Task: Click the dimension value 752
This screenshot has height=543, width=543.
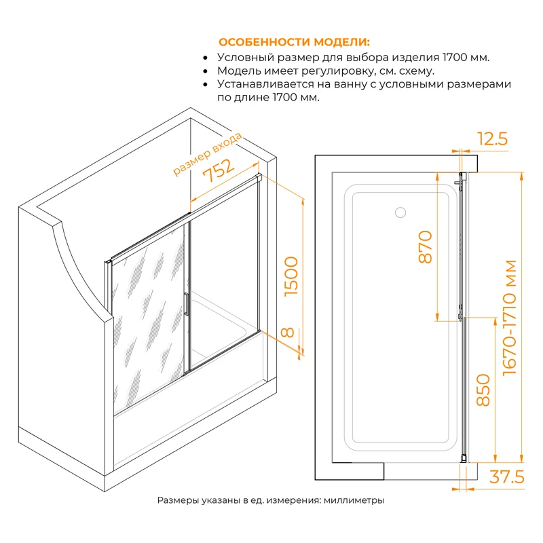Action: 219,170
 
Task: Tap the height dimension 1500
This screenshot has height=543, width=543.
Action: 291,276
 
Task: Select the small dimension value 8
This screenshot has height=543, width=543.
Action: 288,333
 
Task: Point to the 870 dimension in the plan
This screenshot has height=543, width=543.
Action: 426,247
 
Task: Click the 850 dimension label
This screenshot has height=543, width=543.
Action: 483,390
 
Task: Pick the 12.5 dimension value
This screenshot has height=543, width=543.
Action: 493,138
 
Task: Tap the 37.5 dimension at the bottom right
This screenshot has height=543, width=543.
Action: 506,477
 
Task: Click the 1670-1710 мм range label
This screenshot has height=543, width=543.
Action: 510,318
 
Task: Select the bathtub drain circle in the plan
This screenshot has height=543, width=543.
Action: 400,212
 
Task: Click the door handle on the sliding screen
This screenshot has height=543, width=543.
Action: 186,304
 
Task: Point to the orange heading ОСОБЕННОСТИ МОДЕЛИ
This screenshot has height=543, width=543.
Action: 294,42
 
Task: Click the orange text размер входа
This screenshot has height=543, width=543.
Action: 207,154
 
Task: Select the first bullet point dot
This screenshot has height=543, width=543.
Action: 206,58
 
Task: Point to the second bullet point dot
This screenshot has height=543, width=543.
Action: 206,71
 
